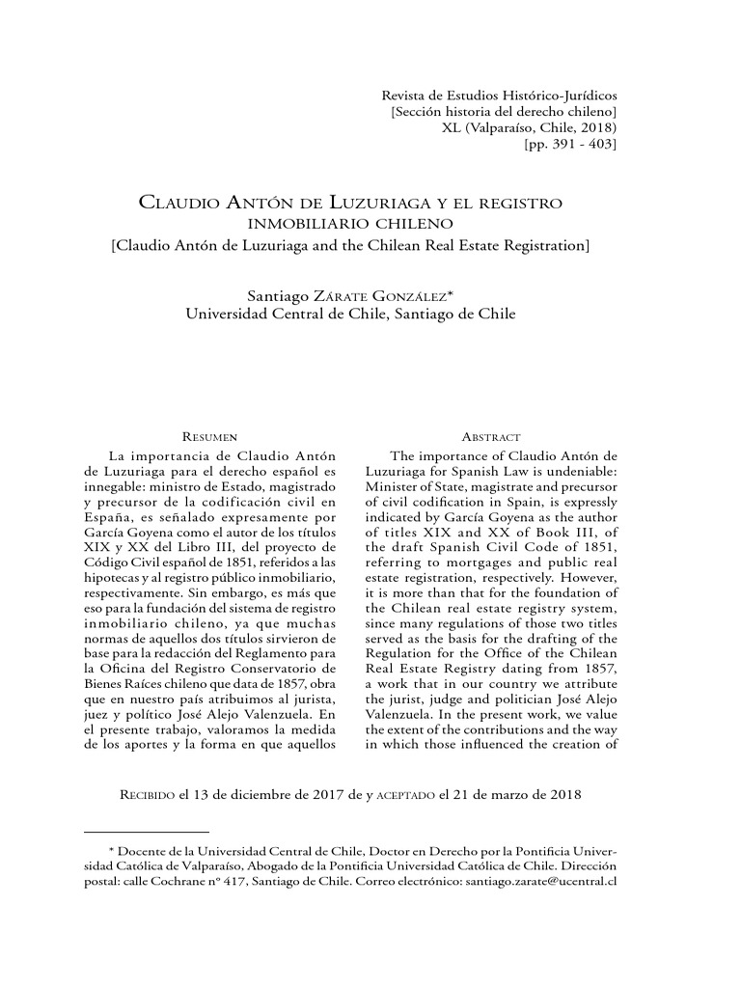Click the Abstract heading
click(x=492, y=437)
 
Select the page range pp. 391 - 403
click(x=569, y=145)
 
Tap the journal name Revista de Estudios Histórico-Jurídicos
click(x=500, y=96)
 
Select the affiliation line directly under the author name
click(x=350, y=314)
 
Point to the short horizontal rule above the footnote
click(x=147, y=831)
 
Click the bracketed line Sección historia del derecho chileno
click(x=504, y=112)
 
